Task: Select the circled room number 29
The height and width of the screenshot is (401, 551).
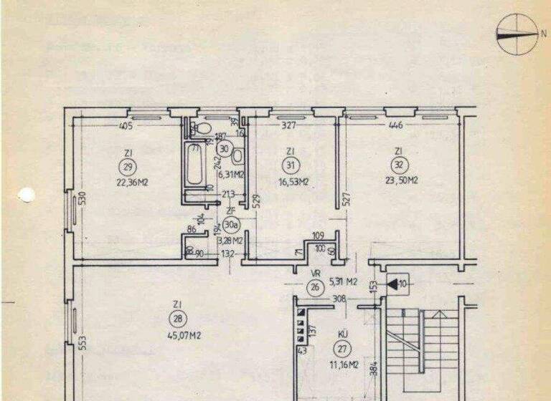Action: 128,167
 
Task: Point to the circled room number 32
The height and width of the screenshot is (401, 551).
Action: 397,166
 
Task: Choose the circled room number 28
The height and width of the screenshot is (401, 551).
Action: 176,319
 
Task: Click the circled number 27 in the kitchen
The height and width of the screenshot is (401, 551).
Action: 342,349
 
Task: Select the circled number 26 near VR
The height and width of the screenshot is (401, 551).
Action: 314,288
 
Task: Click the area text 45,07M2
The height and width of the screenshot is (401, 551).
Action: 176,335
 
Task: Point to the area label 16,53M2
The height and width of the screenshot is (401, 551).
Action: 294,181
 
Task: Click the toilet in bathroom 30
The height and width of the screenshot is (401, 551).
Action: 202,129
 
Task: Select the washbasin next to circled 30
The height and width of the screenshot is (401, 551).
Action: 240,157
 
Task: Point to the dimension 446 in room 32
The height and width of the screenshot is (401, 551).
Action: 395,126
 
